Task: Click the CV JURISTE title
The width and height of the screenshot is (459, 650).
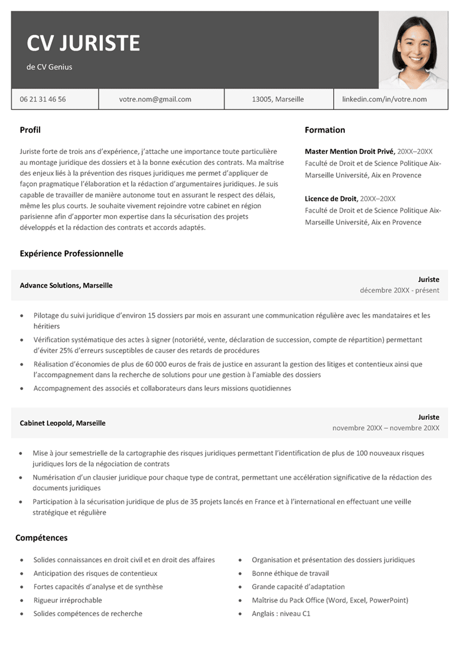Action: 83,43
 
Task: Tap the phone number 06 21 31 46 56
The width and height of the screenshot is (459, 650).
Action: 43,99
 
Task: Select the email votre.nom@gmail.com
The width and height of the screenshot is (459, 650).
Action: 155,99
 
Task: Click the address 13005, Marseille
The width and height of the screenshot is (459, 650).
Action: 278,99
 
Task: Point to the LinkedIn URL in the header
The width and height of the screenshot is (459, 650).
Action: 384,99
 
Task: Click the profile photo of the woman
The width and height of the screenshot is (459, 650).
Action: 413,50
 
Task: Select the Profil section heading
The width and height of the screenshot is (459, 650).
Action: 30,130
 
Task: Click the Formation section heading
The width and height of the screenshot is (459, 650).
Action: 325,130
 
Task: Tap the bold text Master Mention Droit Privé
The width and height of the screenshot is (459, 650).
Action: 350,151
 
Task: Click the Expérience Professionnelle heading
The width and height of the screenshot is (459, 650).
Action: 71,253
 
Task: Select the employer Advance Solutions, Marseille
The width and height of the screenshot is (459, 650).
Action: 66,285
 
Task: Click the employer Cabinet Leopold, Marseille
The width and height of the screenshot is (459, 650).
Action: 62,423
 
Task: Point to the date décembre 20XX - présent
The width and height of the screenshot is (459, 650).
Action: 399,290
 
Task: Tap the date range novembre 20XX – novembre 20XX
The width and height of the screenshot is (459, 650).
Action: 385,428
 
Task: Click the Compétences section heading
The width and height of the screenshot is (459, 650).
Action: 41,538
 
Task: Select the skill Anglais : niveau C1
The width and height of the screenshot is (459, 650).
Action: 281,613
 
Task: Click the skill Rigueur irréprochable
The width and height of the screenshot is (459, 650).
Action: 68,600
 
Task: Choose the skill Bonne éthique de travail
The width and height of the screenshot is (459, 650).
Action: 290,573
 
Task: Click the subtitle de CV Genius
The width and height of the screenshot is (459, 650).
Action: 49,67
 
